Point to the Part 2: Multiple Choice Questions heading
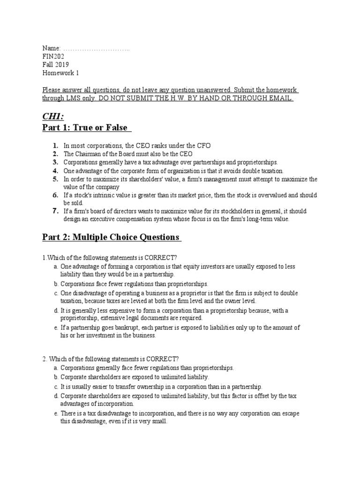pos(111,237)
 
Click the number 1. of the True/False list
pos(55,145)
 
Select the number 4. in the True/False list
pos(55,171)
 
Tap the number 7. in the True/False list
pos(55,211)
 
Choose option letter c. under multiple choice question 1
pos(56,293)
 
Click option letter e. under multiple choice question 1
pos(56,327)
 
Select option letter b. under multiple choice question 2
pos(56,376)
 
